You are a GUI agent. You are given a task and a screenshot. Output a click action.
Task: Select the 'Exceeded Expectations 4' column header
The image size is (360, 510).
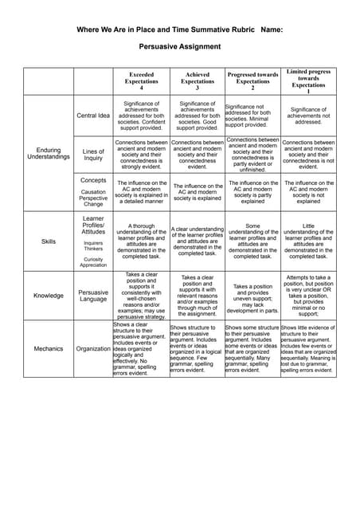pyautogui.click(x=141, y=81)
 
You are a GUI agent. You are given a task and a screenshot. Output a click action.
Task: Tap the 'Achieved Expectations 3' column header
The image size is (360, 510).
pyautogui.click(x=197, y=81)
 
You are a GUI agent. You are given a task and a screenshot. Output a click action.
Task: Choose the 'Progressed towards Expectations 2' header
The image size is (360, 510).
pyautogui.click(x=252, y=81)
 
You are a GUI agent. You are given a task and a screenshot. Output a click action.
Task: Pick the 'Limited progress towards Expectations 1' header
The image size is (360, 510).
pyautogui.click(x=308, y=80)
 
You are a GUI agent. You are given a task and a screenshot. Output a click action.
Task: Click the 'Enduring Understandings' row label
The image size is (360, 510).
pyautogui.click(x=49, y=152)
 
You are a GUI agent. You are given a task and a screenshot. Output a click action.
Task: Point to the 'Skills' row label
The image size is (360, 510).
pyautogui.click(x=49, y=241)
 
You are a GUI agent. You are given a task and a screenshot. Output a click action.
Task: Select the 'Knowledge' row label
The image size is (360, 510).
pyautogui.click(x=49, y=296)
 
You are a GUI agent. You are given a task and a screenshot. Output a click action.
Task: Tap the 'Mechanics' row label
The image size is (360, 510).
pyautogui.click(x=49, y=348)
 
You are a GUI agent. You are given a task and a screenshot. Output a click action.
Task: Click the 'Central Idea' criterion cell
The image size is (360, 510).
pyautogui.click(x=93, y=116)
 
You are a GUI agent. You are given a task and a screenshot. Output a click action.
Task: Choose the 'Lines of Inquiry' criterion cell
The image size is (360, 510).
pyautogui.click(x=93, y=155)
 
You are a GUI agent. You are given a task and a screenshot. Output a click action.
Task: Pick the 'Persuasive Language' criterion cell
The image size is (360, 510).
pyautogui.click(x=93, y=296)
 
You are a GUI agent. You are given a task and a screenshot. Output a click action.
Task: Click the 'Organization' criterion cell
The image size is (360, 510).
pyautogui.click(x=93, y=348)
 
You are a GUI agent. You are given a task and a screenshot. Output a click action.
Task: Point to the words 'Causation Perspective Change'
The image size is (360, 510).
pyautogui.click(x=93, y=198)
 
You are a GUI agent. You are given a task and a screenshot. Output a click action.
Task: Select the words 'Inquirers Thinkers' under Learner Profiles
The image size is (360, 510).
pyautogui.click(x=93, y=246)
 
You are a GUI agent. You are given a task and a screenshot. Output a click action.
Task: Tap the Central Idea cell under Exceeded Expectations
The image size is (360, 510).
pyautogui.click(x=141, y=116)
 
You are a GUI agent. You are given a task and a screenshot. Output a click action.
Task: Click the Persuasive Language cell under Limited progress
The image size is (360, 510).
pyautogui.click(x=308, y=296)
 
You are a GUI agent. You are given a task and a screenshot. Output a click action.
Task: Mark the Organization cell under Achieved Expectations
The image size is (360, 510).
pyautogui.click(x=197, y=348)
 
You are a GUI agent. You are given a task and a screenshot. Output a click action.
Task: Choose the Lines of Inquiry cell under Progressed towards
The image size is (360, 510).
pyautogui.click(x=252, y=155)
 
